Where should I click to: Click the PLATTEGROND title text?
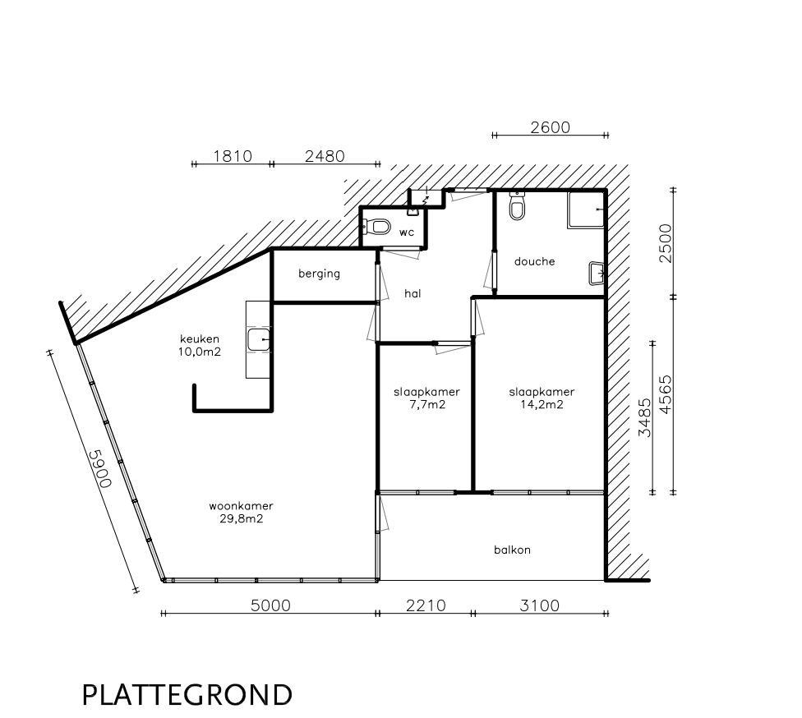click(187, 695)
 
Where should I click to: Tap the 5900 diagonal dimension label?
click(101, 469)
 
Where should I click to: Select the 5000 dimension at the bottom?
click(270, 605)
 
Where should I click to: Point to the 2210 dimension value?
click(426, 605)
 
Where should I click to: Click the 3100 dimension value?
click(540, 605)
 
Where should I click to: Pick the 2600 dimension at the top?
click(550, 127)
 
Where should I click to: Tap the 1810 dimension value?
click(233, 156)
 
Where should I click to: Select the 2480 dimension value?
click(325, 156)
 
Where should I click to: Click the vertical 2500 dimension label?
click(666, 243)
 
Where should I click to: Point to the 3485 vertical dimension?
click(645, 418)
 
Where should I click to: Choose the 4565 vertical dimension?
click(666, 395)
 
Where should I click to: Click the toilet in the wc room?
click(377, 227)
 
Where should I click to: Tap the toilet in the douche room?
click(517, 206)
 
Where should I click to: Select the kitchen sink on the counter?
click(259, 339)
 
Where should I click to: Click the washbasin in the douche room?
click(597, 273)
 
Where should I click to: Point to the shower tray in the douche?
click(586, 209)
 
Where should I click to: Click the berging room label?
click(319, 274)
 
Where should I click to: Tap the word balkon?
click(512, 550)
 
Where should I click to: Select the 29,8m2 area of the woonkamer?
click(242, 518)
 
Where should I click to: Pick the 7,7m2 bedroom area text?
click(427, 404)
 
